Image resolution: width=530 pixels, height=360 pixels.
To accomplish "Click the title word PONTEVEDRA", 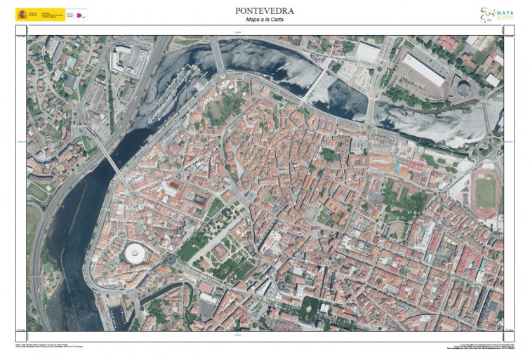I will tap(265, 11).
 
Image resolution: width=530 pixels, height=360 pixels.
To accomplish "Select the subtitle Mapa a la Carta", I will tap(265, 20).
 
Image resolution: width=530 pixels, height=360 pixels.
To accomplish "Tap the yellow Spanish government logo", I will tap(40, 14).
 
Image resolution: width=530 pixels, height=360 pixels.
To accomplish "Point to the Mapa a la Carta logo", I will tap(496, 15).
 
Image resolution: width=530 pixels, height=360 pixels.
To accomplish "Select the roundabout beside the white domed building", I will tap(169, 258).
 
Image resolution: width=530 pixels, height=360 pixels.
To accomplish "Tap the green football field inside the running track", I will tap(485, 193).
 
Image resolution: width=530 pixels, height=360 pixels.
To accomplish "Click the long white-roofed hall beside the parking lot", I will tap(423, 69).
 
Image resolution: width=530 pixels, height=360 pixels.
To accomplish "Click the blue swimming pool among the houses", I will tap(70, 62).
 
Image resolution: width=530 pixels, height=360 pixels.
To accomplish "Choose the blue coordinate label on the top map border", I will tap(237, 32).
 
